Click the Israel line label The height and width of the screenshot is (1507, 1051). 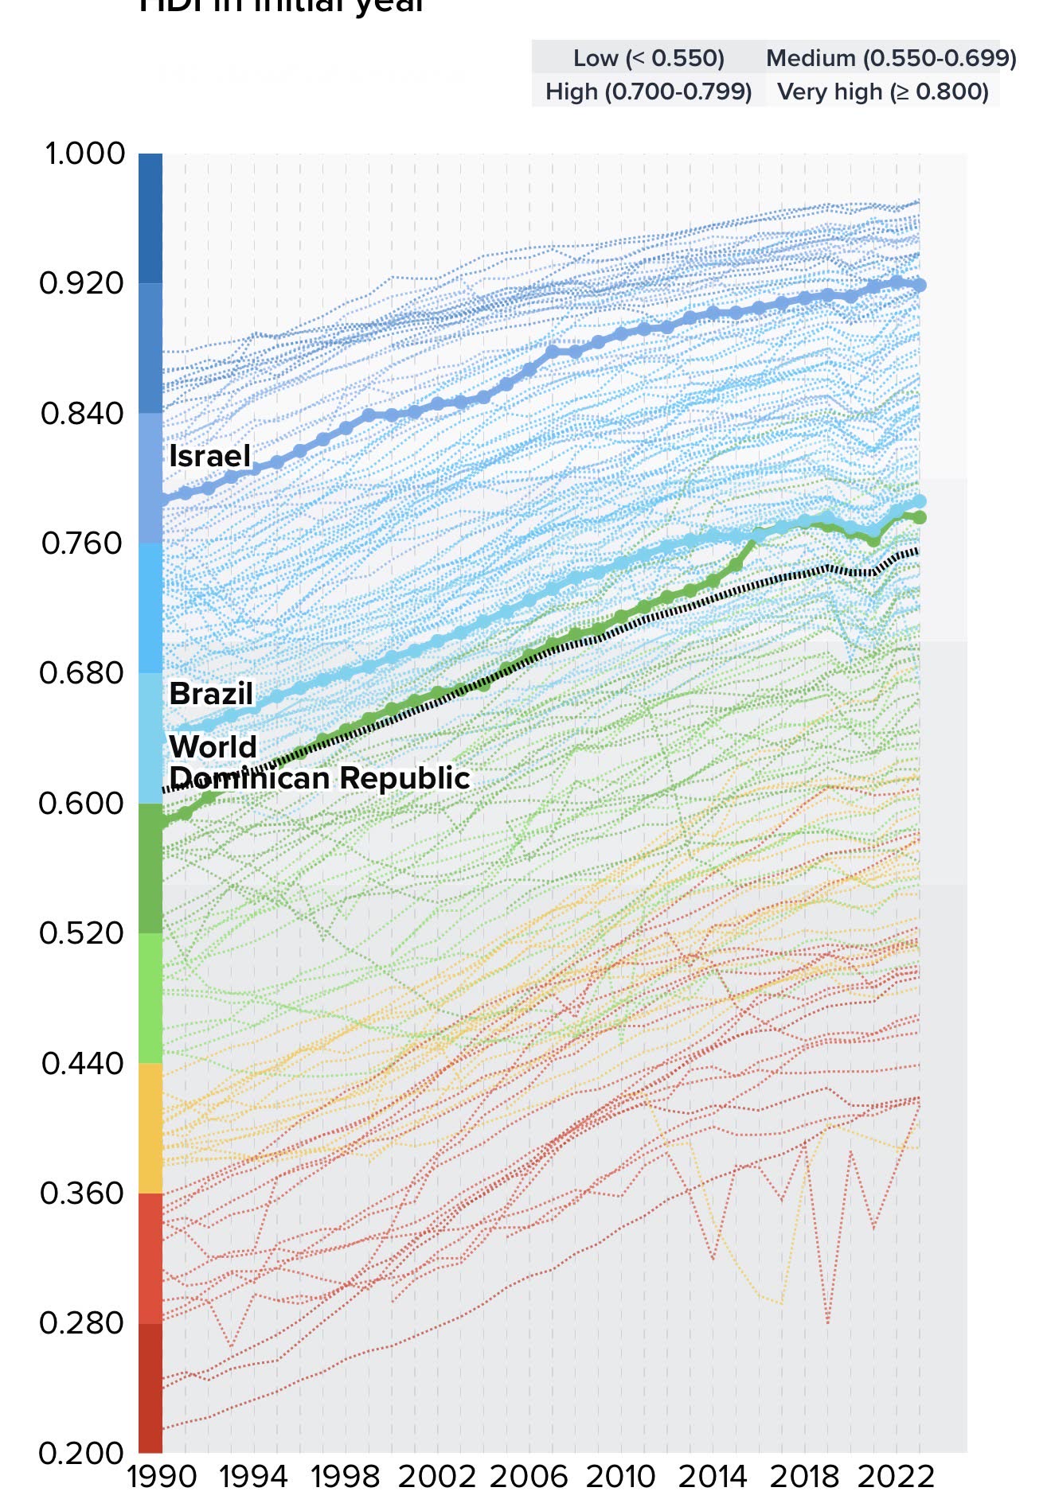point(209,456)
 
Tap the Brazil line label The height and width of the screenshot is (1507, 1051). point(211,694)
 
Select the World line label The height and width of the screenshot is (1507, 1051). point(213,747)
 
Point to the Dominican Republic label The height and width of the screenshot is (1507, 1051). point(319,778)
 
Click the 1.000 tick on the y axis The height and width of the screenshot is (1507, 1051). point(85,154)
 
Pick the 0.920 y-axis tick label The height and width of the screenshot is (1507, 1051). point(83,283)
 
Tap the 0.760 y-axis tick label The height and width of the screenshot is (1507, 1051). point(83,543)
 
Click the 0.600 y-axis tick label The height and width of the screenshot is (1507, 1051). point(82,803)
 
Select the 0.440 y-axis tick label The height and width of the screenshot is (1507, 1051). point(83,1063)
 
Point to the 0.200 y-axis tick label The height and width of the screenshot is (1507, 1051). point(82,1453)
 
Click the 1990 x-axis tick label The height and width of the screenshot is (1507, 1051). point(162,1478)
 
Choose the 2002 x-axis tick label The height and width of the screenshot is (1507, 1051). point(436,1478)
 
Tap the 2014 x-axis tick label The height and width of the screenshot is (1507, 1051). point(713,1478)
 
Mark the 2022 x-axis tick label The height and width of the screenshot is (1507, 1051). point(896,1478)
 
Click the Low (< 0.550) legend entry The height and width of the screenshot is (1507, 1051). point(649,58)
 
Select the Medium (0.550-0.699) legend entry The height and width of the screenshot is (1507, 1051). point(891,58)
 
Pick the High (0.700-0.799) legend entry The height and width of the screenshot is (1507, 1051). point(649,92)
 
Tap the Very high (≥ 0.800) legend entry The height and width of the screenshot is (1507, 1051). point(883,92)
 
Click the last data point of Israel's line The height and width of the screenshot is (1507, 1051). point(919,286)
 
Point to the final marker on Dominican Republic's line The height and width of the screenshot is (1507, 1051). point(919,518)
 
